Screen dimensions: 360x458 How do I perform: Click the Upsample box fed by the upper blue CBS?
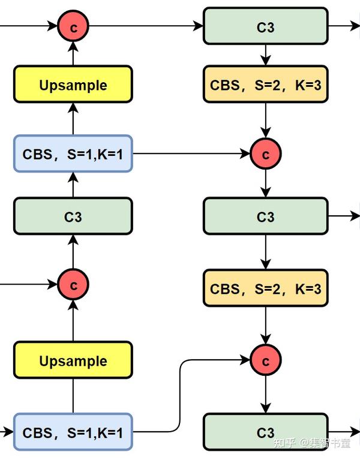[x=73, y=85]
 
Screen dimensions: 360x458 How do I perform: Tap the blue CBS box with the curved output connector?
[x=73, y=432]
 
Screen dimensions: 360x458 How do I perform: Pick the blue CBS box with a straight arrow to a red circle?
[x=73, y=153]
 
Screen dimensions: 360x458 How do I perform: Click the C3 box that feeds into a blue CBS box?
[x=73, y=216]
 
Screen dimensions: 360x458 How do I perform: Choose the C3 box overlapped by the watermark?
[x=266, y=432]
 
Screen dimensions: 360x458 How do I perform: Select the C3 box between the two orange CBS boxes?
[x=266, y=216]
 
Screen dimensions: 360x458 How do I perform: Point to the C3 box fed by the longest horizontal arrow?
[x=266, y=26]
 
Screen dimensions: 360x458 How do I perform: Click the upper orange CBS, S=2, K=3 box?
[x=266, y=85]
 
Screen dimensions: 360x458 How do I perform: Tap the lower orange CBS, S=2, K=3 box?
[x=266, y=288]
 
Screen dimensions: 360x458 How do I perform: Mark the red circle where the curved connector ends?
[x=266, y=360]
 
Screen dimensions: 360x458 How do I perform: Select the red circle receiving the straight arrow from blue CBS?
[x=266, y=153]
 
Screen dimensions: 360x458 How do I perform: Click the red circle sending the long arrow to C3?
[x=73, y=26]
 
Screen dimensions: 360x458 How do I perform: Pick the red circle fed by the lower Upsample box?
[x=73, y=284]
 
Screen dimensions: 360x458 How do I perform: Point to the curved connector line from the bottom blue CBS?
[x=179, y=396]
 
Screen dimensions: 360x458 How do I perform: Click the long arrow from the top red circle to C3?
[x=146, y=26]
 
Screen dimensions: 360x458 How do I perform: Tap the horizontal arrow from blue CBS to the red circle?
[x=191, y=153]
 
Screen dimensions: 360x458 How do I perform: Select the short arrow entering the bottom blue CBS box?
[x=7, y=431]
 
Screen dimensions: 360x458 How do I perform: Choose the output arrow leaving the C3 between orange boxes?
[x=344, y=216]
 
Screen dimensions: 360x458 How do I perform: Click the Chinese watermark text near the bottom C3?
[x=312, y=443]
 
